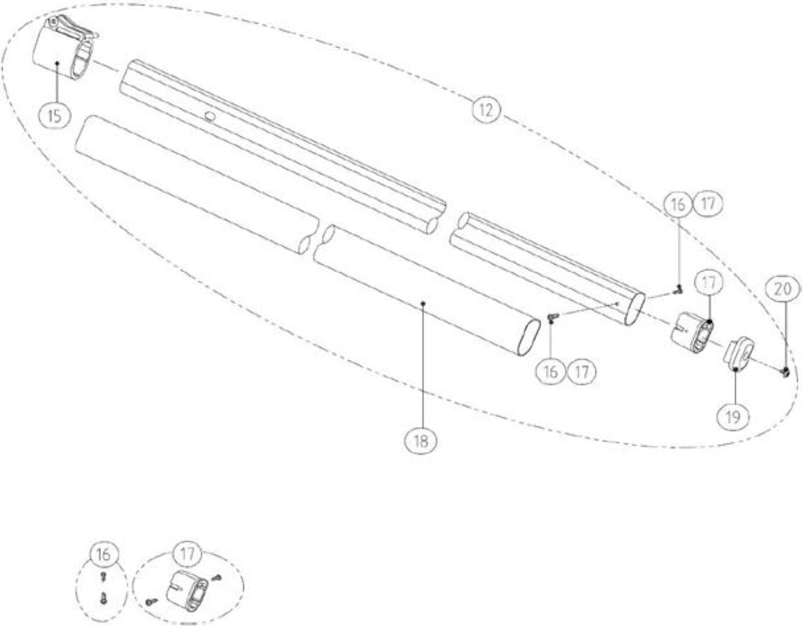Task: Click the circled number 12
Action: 486,110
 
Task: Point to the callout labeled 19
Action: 733,417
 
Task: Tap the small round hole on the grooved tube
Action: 210,116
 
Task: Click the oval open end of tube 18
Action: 529,337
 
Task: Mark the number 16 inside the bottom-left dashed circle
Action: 103,554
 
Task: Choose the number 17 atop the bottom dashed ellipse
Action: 188,553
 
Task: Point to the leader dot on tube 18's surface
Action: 424,303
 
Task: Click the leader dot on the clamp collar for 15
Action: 57,63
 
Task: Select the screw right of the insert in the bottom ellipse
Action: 217,577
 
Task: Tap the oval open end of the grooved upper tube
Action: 635,309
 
